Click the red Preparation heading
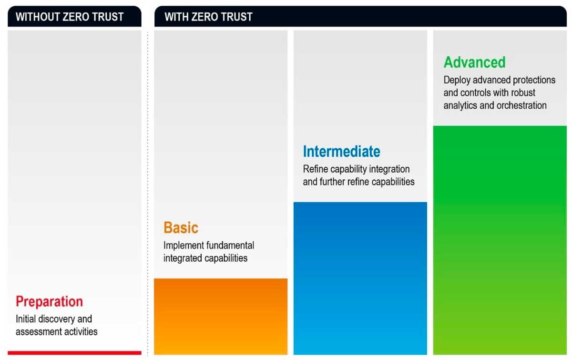tap(49, 302)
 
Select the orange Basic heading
tap(181, 228)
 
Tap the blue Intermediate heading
tap(341, 152)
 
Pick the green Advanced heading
tap(474, 62)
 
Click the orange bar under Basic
tap(221, 316)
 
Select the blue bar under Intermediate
tap(360, 278)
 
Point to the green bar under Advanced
tap(500, 240)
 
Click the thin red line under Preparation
tap(74, 353)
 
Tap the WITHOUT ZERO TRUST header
tap(70, 17)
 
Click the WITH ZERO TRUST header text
tap(208, 17)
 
